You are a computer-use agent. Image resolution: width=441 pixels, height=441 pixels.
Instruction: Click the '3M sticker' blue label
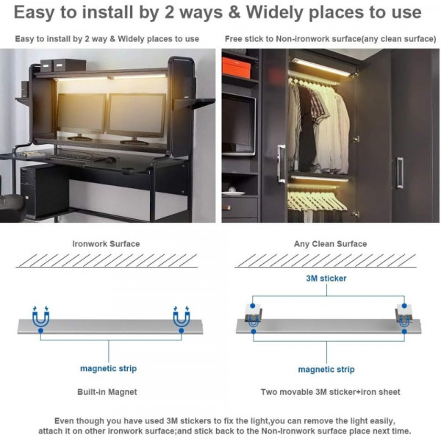pyautogui.click(x=326, y=279)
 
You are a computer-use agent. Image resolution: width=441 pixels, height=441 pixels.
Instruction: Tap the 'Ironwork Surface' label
pyautogui.click(x=106, y=244)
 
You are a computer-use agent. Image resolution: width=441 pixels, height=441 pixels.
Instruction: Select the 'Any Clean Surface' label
pyautogui.click(x=330, y=244)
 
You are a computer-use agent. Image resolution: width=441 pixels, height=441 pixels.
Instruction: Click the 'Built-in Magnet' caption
pyautogui.click(x=107, y=392)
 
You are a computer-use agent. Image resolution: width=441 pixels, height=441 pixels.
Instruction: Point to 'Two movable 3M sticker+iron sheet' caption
pyautogui.click(x=330, y=392)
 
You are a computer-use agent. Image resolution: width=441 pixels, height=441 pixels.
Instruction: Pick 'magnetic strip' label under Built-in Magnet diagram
pyautogui.click(x=108, y=368)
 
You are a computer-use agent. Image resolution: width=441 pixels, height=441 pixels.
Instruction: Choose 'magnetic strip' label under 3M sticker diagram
pyautogui.click(x=326, y=369)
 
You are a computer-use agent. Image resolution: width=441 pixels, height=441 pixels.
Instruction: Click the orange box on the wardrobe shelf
pyautogui.click(x=236, y=68)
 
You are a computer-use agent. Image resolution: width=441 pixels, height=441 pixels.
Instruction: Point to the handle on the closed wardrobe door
pyautogui.click(x=400, y=173)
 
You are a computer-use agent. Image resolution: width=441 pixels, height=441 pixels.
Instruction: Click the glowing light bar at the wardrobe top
pyautogui.click(x=321, y=68)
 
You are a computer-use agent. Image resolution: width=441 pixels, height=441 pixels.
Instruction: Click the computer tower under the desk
pyautogui.click(x=44, y=191)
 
